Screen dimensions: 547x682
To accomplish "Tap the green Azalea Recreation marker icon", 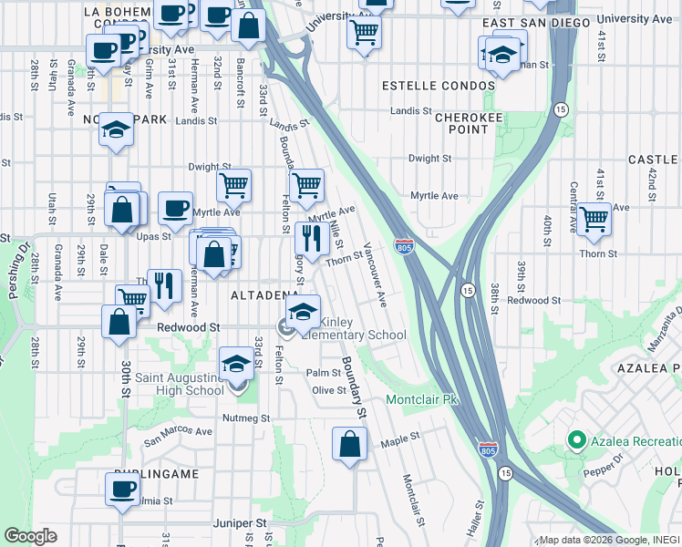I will click(x=575, y=441).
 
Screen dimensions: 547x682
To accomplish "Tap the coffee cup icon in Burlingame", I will click(x=121, y=488).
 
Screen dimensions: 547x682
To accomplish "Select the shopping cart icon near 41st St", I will click(x=594, y=219).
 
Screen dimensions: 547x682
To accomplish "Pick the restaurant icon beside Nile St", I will click(x=312, y=238).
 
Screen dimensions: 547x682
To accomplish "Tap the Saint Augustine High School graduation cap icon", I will click(x=237, y=365).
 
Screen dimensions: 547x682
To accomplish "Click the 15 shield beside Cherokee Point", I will click(x=560, y=108).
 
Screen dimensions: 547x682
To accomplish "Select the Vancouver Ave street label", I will click(x=376, y=274).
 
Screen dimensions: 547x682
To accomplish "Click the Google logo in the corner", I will click(x=30, y=536).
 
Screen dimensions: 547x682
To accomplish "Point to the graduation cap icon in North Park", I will click(x=117, y=130).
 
